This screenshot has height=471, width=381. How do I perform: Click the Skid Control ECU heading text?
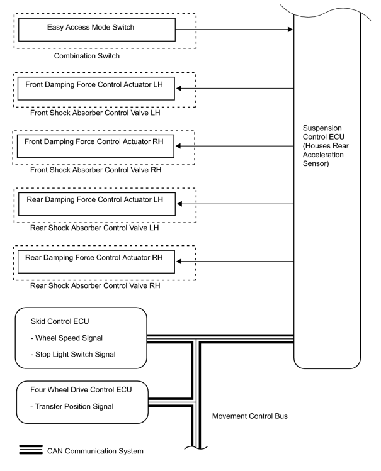pos(60,321)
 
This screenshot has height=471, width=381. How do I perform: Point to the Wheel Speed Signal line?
pos(67,338)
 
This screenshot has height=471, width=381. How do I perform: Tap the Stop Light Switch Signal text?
pos(73,355)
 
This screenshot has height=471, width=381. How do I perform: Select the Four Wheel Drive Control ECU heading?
pos(81,390)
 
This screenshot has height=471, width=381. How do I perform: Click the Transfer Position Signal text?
pos(72,406)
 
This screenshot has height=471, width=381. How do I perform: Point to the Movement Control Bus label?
pos(250,416)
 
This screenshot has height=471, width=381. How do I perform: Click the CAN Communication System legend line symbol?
pos(31,450)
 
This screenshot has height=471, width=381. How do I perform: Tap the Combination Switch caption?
pos(87,56)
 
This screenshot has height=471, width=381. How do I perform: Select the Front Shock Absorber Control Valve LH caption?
pos(95,113)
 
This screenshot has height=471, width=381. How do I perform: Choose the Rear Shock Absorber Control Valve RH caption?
pos(95,285)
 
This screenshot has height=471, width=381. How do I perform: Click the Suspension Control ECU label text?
pos(326,146)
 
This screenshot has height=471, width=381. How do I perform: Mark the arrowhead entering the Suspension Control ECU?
pos(290,30)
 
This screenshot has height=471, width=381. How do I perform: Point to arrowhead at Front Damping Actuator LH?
pos(179,88)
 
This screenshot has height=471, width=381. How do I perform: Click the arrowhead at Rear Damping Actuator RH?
pos(179,262)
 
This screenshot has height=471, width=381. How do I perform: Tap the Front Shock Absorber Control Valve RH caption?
pos(96,170)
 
